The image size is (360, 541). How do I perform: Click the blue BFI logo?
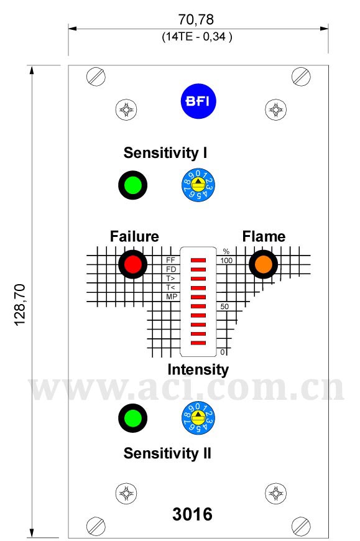coord(198,101)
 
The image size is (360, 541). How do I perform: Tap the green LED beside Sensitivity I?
coord(133,185)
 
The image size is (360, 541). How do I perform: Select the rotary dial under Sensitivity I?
coord(198,185)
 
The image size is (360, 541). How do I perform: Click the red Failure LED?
coord(133,264)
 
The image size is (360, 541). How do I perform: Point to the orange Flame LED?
coord(264,264)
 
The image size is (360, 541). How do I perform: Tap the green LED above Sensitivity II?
coord(133,418)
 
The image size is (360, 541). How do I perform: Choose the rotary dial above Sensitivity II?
coord(198,418)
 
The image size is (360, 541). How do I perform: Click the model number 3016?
coord(192,514)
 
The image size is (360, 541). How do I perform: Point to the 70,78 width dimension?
coord(196,19)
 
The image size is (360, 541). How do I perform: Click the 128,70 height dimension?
coord(20,305)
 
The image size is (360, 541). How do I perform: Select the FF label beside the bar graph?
coord(171,260)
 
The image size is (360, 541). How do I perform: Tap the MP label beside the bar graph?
coord(172,297)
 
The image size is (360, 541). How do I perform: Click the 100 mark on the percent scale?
coord(226,261)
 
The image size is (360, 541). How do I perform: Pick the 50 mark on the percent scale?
coord(224,307)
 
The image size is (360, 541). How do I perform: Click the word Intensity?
coord(198,369)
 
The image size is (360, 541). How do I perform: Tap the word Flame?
coord(264,236)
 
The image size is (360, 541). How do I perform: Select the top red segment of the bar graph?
coord(198,260)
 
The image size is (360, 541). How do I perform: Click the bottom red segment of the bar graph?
coord(198,343)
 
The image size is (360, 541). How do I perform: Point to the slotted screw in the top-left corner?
coord(96,76)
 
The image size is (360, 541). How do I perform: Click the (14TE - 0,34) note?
coord(197,37)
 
